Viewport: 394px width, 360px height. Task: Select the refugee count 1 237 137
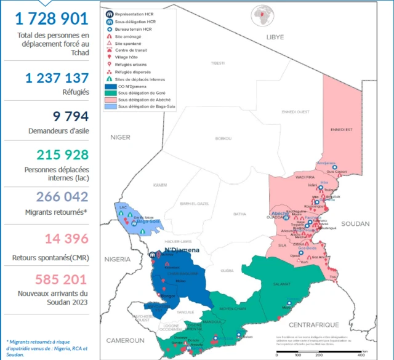(57, 78)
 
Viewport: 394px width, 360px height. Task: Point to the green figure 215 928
(62, 155)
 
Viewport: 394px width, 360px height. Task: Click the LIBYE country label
(275, 38)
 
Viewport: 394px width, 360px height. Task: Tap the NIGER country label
(121, 138)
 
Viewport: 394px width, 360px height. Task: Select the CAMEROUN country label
(124, 340)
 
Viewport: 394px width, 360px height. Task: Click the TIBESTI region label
(218, 63)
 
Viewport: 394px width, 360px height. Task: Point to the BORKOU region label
(223, 138)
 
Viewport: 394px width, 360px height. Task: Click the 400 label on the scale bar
(360, 355)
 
